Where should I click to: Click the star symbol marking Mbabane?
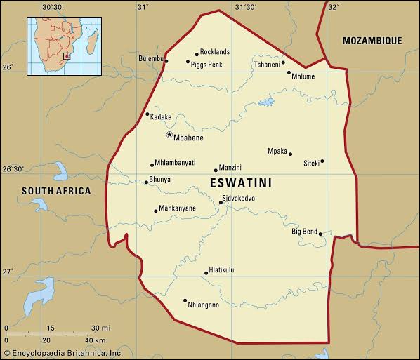tap(169, 134)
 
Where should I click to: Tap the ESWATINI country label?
tap(241, 182)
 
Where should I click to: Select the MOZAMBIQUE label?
tap(372, 41)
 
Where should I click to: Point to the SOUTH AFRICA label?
tap(56, 191)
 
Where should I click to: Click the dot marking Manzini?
tap(216, 170)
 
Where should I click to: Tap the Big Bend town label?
tap(305, 231)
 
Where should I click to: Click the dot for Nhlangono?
tap(185, 301)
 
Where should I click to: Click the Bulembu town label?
tap(150, 58)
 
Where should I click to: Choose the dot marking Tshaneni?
tap(283, 62)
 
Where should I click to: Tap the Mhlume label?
tap(303, 76)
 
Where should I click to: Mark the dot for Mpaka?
tap(290, 154)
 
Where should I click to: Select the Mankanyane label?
tap(176, 208)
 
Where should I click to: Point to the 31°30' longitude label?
tap(245, 6)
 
